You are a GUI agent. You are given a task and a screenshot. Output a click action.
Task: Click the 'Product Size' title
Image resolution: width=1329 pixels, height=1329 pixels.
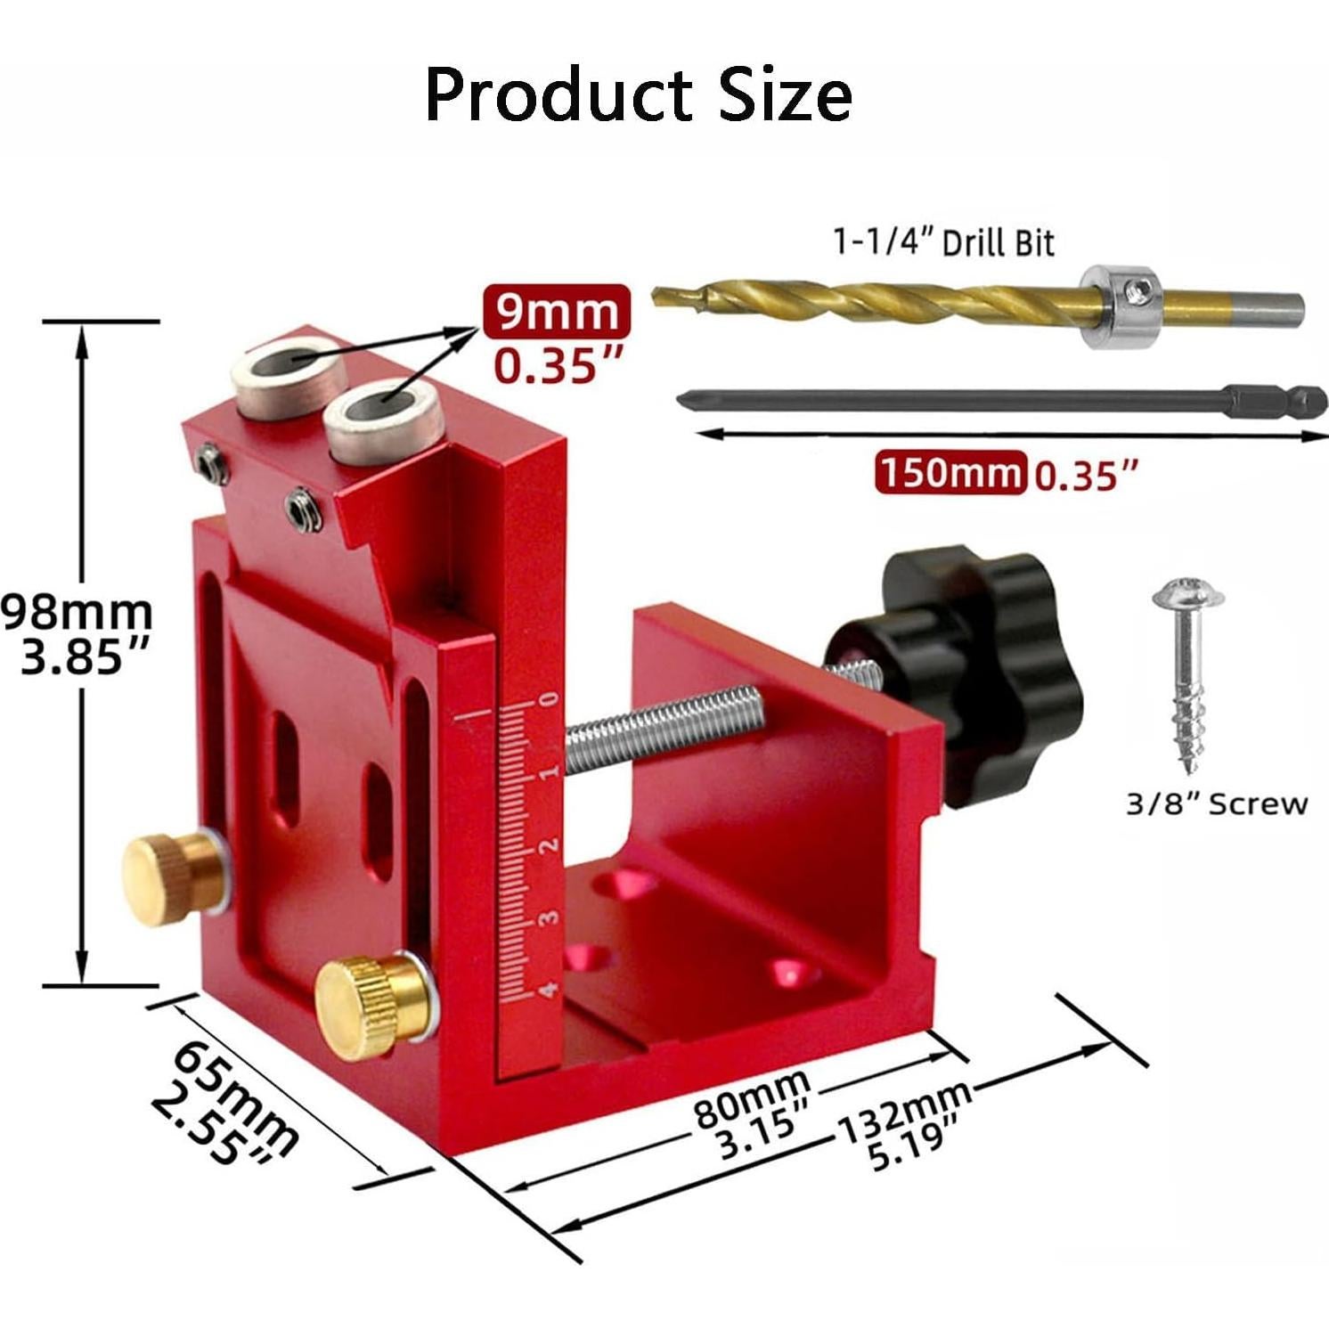(638, 95)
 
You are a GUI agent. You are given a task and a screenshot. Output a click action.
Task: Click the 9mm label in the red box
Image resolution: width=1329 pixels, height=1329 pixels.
(557, 311)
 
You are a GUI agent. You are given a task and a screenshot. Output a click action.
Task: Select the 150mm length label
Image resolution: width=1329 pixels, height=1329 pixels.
(950, 472)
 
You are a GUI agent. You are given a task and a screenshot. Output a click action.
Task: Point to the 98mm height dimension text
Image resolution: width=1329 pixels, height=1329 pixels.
(77, 612)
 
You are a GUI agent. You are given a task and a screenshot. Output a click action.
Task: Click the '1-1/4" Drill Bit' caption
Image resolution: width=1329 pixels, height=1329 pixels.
(943, 242)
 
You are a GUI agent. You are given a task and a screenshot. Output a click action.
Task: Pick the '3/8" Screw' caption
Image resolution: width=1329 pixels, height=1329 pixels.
(1217, 804)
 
